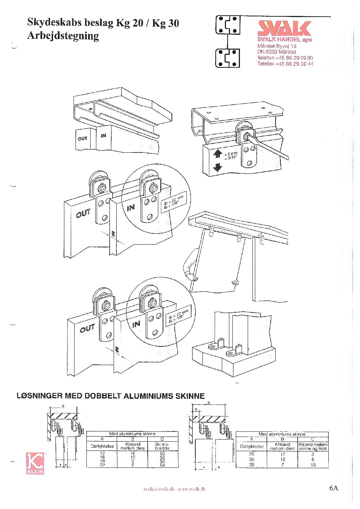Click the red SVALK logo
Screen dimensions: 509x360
point(284,28)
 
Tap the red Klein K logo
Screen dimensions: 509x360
point(35,463)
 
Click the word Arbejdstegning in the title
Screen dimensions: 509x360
point(63,36)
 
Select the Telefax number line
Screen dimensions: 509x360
point(285,64)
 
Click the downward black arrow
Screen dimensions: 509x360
point(217,167)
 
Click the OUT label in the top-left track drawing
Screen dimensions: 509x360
point(82,138)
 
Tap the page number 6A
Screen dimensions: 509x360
point(333,488)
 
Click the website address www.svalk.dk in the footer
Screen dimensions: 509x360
point(192,489)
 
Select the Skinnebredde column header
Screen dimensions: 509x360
point(162,446)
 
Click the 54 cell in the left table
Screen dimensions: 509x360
point(162,465)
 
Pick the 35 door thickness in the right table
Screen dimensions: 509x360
point(251,464)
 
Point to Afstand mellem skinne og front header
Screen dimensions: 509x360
point(313,446)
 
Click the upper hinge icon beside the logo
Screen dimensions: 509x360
point(228,25)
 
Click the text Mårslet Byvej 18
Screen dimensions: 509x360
point(277,46)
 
